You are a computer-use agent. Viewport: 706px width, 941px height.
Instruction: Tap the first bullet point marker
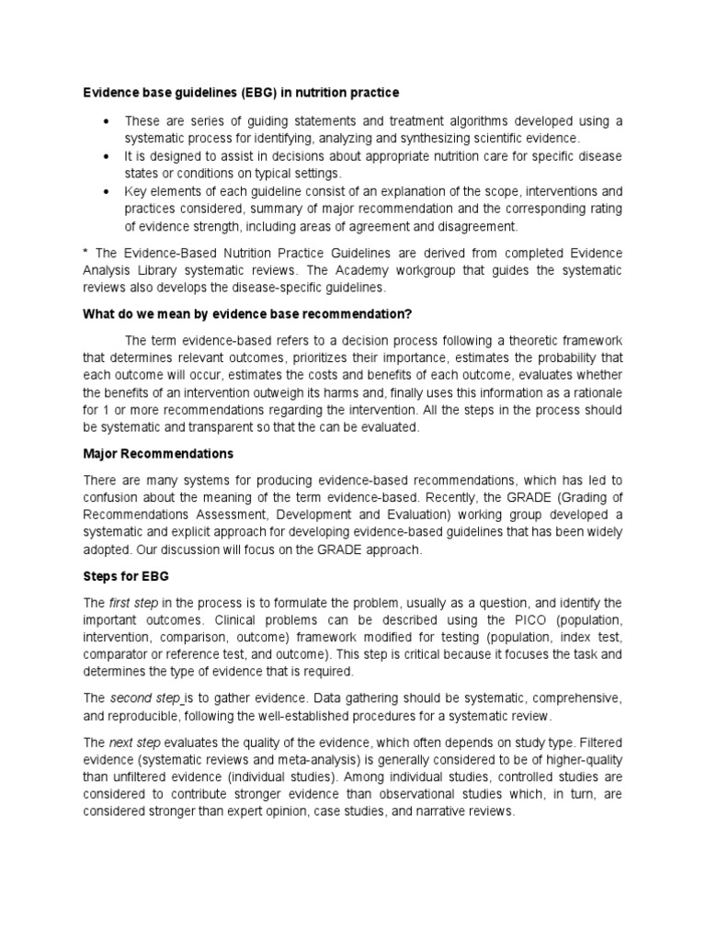coord(108,121)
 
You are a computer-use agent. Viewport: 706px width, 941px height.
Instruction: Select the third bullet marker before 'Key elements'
coord(108,192)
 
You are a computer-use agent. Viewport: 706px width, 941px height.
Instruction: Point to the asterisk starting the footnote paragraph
coord(85,253)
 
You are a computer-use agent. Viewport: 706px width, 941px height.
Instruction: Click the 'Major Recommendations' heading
coord(158,454)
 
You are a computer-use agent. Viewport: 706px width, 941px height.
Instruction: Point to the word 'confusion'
coord(115,498)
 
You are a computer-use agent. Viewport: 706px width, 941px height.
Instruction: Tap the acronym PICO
coord(492,620)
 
